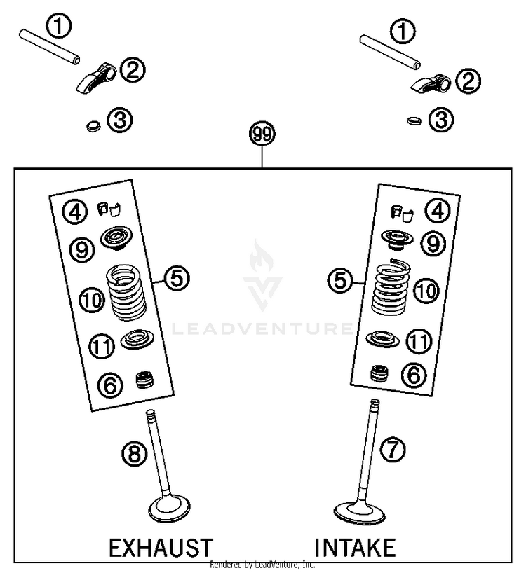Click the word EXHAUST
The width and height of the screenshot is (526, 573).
coord(161,546)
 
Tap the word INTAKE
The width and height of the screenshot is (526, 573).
coord(355,546)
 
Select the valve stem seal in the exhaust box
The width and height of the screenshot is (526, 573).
coord(144,382)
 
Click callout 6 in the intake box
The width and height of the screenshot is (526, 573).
coord(414,375)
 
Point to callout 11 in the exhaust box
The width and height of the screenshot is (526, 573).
coord(102,346)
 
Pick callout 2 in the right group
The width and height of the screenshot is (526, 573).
coord(468,81)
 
